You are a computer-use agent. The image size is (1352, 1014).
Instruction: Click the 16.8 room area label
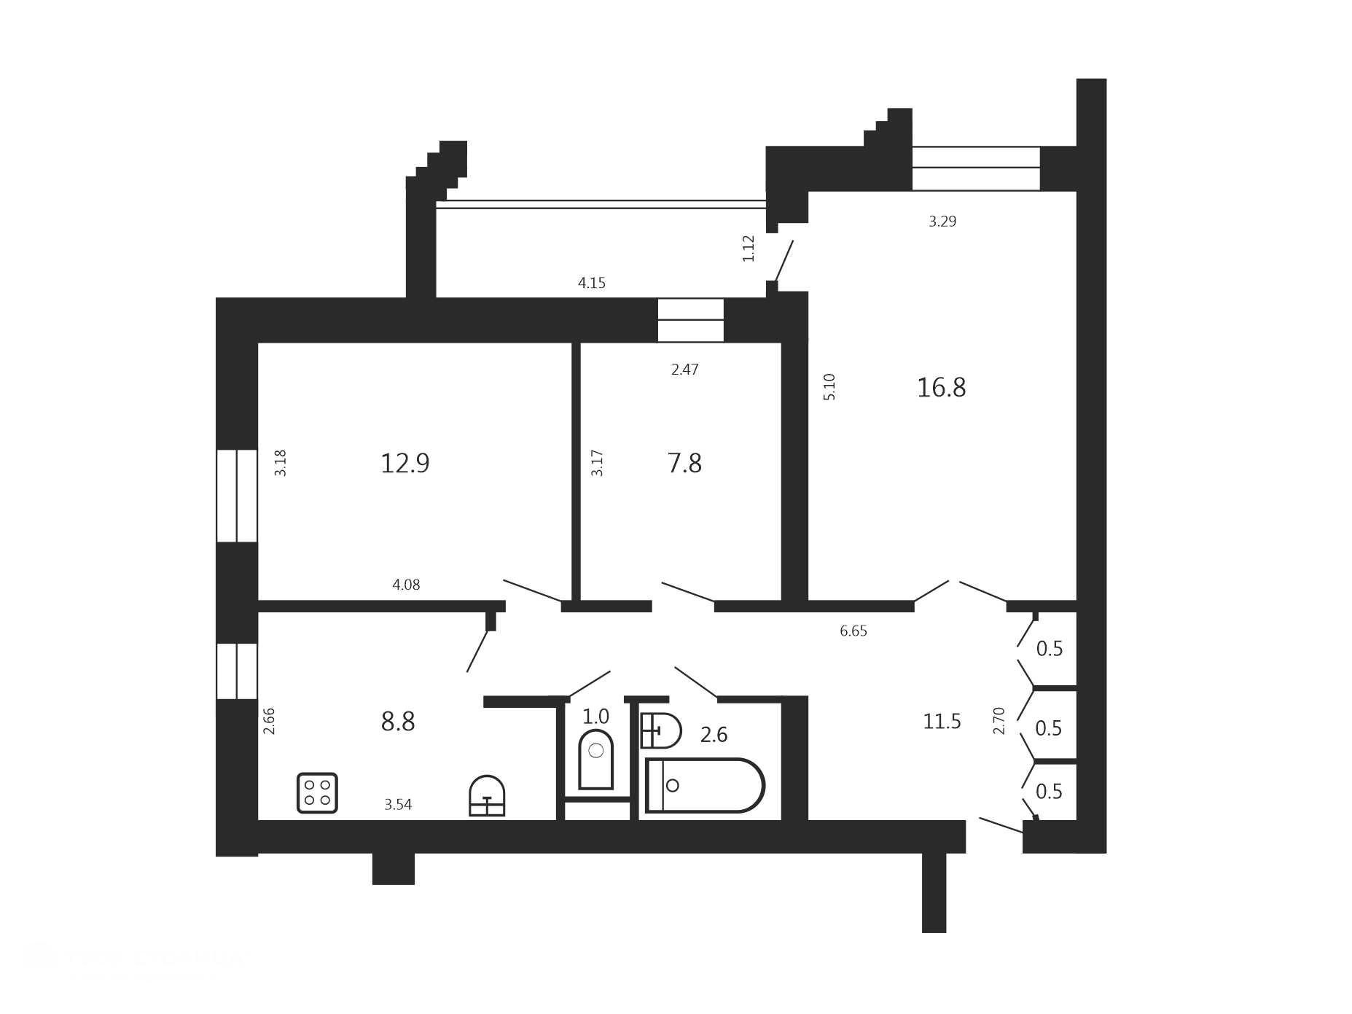[x=941, y=387]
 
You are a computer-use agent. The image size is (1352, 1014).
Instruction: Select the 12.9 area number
[x=405, y=463]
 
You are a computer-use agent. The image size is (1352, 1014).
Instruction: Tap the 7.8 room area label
[x=684, y=463]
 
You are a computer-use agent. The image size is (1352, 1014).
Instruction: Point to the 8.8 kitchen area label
[x=398, y=722]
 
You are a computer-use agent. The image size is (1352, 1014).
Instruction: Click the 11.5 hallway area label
[x=942, y=722]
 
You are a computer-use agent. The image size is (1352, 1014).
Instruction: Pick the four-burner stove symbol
[x=317, y=792]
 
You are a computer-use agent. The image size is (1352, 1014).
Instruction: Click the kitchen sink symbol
[x=487, y=795]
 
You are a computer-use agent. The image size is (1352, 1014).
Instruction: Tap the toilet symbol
[x=595, y=759]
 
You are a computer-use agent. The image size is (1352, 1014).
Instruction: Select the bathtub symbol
[x=704, y=785]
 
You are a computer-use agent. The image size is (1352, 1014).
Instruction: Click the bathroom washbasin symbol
[x=660, y=730]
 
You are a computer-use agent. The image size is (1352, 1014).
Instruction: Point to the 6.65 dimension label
[x=853, y=631]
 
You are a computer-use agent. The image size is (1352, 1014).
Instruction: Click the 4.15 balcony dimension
[x=592, y=283]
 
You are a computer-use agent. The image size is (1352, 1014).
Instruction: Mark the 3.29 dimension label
[x=942, y=222]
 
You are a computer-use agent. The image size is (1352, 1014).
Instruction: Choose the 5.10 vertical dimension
[x=829, y=386]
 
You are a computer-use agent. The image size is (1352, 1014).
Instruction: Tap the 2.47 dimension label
[x=685, y=370]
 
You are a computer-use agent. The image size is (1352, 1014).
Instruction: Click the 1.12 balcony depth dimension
[x=749, y=248]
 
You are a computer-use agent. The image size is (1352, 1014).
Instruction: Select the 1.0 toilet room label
[x=595, y=717]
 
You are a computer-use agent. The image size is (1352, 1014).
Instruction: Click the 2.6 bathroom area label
[x=714, y=735]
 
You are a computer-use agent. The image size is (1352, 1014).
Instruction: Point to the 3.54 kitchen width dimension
[x=398, y=805]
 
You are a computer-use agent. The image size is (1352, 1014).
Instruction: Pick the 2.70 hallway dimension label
[x=999, y=721]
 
